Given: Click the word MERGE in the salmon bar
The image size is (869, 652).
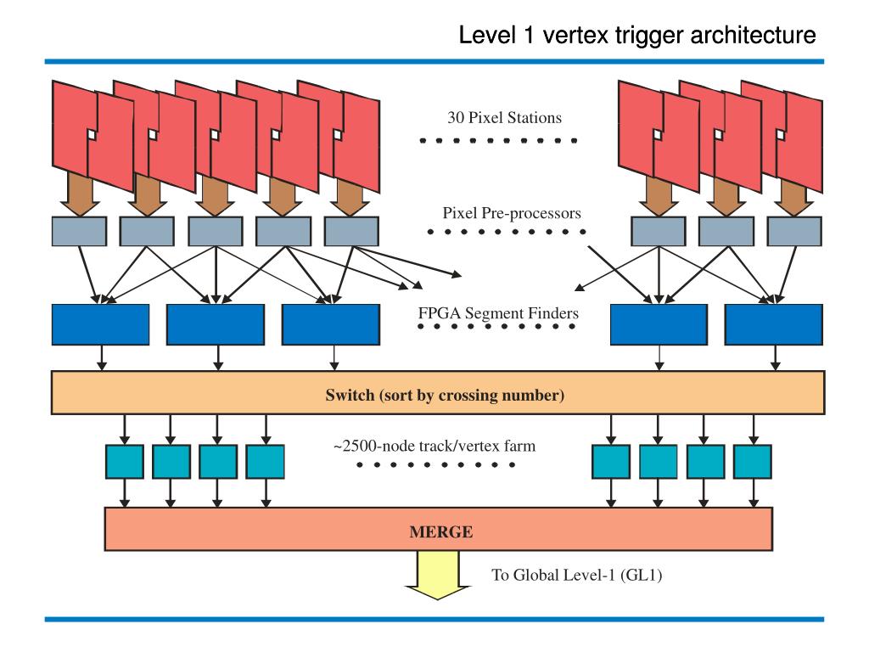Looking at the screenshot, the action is [x=441, y=531].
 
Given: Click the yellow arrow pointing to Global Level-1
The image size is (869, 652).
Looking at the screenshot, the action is [x=438, y=576].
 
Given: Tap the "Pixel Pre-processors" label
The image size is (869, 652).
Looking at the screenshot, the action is [x=512, y=213].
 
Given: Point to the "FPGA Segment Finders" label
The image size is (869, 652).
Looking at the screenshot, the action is [x=498, y=313].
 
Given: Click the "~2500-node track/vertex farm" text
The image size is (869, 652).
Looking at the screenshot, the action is [x=434, y=446].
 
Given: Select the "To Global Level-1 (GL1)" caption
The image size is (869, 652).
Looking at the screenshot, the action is [x=577, y=575].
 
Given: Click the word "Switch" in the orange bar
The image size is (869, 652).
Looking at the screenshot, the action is [x=350, y=396].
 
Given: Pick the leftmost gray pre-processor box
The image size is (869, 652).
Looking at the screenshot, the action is [x=79, y=231].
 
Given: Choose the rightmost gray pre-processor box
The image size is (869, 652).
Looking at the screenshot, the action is [x=794, y=231].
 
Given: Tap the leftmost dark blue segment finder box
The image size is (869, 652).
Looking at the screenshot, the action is [x=100, y=324].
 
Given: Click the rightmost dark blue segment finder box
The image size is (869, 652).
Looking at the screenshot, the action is [x=774, y=324].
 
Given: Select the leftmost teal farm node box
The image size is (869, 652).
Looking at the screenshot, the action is [x=125, y=461].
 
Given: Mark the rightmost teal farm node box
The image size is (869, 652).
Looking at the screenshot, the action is [x=753, y=461].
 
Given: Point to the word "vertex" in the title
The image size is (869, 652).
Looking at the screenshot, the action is [x=576, y=36].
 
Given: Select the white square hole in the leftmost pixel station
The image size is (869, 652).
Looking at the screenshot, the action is [x=92, y=135].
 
